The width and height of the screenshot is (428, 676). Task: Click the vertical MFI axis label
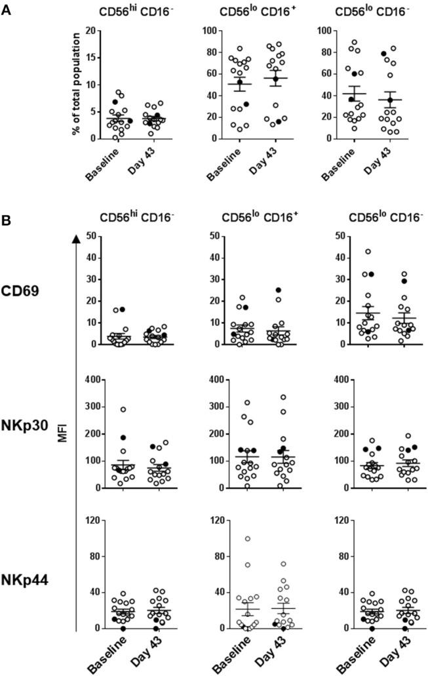(64, 432)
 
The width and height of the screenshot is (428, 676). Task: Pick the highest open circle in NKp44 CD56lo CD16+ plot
(248, 539)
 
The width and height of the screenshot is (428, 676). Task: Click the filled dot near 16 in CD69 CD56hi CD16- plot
(122, 309)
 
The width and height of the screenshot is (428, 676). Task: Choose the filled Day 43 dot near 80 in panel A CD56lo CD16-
(383, 54)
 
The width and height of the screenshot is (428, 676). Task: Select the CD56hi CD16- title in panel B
(132, 218)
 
